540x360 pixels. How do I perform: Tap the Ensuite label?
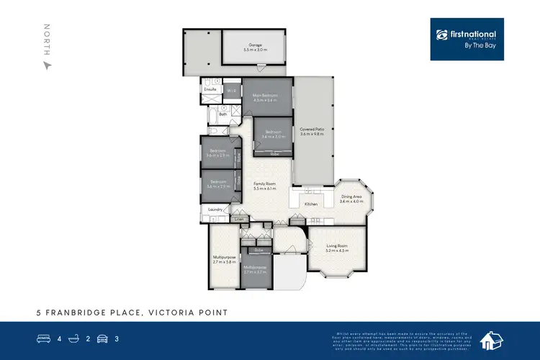pos(210,90)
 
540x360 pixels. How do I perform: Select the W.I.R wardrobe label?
pos(231,91)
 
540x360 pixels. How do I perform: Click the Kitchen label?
pos(311,204)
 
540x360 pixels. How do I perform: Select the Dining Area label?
pos(351,197)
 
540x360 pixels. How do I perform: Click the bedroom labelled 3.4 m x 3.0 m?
pos(273,134)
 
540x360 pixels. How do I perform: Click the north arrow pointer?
pos(48,66)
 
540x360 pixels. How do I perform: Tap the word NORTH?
pos(48,39)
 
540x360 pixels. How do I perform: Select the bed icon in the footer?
pos(43,338)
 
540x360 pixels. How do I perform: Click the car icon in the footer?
pos(102,338)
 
